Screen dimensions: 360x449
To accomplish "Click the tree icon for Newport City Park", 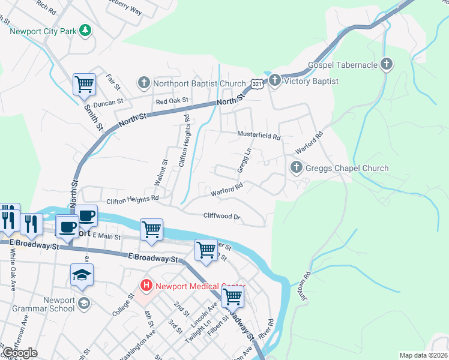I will click(x=86, y=29).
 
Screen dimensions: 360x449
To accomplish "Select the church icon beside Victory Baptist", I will click(x=274, y=79).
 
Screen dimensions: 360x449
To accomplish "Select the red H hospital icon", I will click(x=145, y=286).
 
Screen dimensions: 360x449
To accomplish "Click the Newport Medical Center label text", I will click(x=200, y=286).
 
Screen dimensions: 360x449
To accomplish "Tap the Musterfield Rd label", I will click(x=259, y=136).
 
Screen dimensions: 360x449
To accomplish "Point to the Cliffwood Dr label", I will click(x=221, y=216).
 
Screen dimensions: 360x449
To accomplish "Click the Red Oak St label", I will click(x=172, y=101).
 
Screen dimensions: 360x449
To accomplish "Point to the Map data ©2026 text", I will click(x=424, y=355).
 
